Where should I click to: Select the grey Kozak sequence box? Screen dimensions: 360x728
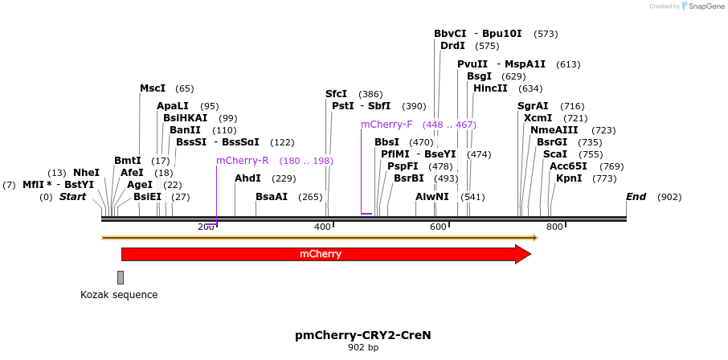point(121,277)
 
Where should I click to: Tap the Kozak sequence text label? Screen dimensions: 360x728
point(119,295)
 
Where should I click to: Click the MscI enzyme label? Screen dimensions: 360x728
point(153,88)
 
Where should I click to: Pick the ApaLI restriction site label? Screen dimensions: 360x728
point(173,106)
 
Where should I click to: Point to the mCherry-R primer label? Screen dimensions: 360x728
point(242,161)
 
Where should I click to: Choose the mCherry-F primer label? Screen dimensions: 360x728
point(386,125)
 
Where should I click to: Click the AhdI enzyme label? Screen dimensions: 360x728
point(247,178)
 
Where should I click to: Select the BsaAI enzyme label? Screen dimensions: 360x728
point(271,197)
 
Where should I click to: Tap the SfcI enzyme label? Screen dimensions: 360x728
point(336,94)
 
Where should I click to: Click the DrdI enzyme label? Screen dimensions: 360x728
point(452,46)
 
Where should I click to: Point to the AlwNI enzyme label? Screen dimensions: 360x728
point(431,197)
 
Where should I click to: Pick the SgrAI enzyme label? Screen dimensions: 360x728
point(533,106)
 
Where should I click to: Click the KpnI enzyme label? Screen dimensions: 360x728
point(569,178)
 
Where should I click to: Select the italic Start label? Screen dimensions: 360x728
point(72,197)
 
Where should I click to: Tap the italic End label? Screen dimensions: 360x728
point(636,197)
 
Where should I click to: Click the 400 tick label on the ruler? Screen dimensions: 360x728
point(322,227)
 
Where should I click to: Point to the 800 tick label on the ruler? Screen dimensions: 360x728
point(554,227)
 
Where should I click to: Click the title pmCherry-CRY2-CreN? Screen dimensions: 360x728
point(363,334)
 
